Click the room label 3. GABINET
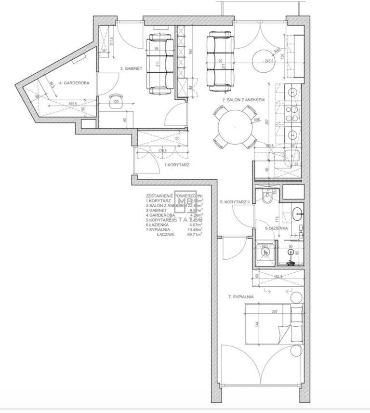131,68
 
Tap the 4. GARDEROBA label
74,83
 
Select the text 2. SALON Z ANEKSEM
244,100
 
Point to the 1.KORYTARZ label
177,165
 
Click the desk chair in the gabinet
116,106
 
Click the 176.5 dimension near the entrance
162,150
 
